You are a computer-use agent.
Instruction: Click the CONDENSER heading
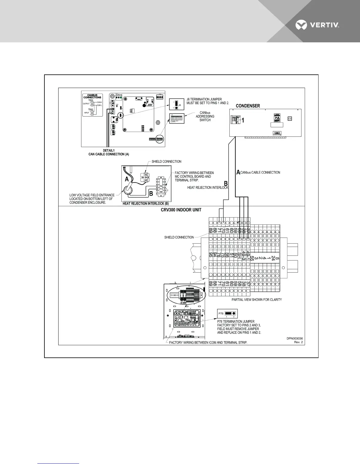[248, 106]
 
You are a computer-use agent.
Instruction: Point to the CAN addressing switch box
[176, 119]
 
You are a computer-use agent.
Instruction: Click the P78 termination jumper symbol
[227, 314]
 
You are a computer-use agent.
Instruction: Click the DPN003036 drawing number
[295, 338]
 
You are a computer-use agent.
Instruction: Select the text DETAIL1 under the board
[109, 150]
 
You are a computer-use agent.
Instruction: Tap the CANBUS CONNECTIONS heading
[92, 96]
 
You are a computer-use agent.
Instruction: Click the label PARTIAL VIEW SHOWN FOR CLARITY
[257, 299]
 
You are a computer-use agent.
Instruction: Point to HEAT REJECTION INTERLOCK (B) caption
[146, 204]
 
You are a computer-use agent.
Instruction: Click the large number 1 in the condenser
[243, 120]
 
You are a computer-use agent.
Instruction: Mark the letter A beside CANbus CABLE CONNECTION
[238, 173]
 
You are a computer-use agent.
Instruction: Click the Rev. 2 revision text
[298, 342]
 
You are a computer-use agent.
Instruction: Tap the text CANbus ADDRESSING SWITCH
[205, 116]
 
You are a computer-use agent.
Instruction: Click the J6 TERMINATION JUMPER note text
[208, 101]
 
